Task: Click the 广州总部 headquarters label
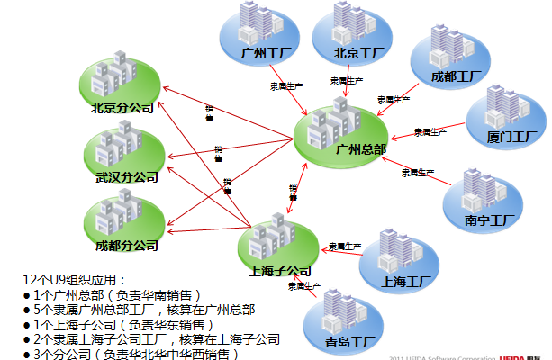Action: [x=359, y=149]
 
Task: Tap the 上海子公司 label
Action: [x=279, y=270]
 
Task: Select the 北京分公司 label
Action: [x=122, y=108]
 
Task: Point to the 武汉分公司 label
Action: [x=126, y=177]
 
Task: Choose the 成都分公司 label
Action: [x=126, y=245]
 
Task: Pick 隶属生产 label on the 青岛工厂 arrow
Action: [x=304, y=286]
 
